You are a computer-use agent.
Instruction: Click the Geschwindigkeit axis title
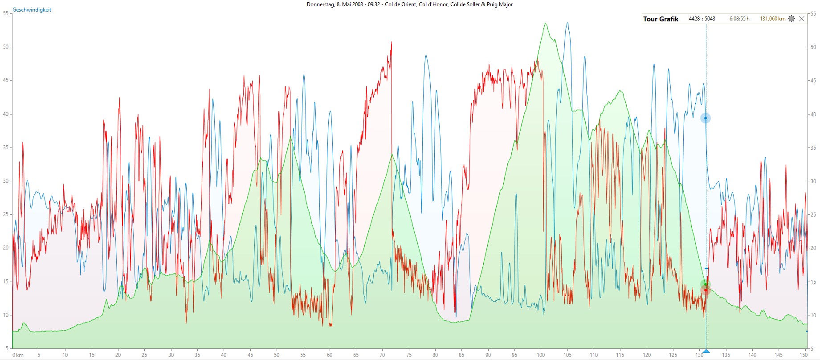32,10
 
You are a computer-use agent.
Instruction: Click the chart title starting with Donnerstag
409,4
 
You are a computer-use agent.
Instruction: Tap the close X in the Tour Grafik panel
802,19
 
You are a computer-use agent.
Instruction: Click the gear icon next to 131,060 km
791,19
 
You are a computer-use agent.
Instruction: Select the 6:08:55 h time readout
739,19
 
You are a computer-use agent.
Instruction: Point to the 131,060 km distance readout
772,19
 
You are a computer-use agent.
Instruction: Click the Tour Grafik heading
661,19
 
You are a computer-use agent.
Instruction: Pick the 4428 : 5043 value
702,19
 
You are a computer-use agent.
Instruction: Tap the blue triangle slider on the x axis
706,351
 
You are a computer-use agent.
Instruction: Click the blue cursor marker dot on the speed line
706,118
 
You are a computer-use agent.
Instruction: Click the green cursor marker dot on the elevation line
706,284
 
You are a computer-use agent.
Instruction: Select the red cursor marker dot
706,290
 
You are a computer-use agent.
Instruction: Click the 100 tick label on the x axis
541,355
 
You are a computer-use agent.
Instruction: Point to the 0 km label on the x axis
18,355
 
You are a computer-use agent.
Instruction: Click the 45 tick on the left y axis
6,80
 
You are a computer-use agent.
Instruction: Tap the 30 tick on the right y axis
813,181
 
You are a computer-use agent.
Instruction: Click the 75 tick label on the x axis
409,355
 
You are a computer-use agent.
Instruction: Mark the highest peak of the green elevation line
545,23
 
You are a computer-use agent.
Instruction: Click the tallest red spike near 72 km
392,42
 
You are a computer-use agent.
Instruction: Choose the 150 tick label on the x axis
803,355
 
